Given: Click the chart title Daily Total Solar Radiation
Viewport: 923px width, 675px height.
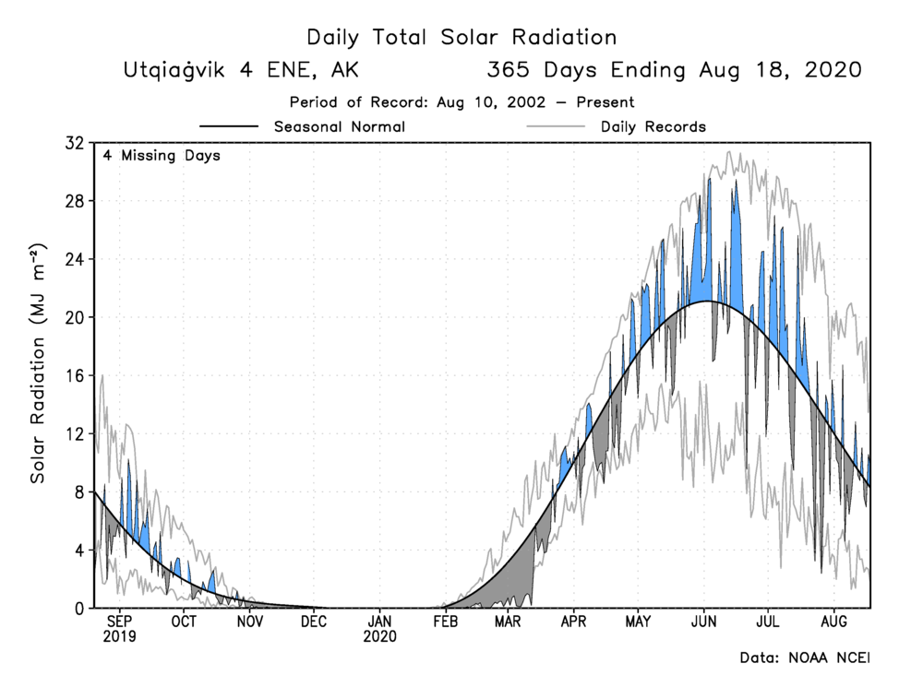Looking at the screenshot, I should pyautogui.click(x=461, y=38).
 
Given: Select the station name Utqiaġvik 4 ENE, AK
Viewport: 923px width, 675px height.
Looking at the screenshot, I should pyautogui.click(x=241, y=71).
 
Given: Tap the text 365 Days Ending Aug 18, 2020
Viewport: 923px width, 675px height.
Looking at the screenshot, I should pyautogui.click(x=674, y=71).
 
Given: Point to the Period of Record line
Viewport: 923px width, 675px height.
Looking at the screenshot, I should pyautogui.click(x=461, y=102).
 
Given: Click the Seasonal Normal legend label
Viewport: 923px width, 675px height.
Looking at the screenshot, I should pyautogui.click(x=340, y=126).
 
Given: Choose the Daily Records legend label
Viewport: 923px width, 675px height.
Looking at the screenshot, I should pyautogui.click(x=653, y=126).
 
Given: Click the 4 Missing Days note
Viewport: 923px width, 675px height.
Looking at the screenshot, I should pyautogui.click(x=162, y=156).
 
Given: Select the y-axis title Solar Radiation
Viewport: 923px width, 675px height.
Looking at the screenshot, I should pyautogui.click(x=38, y=364).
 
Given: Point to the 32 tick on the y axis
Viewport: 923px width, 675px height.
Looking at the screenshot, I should pyautogui.click(x=74, y=143).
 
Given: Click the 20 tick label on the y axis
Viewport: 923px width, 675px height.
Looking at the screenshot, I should pyautogui.click(x=74, y=317).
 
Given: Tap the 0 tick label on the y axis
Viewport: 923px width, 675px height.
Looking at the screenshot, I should pyautogui.click(x=78, y=608).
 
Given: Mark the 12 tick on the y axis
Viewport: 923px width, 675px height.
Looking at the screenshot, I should pyautogui.click(x=74, y=433).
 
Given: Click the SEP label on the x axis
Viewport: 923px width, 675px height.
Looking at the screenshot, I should pyautogui.click(x=119, y=622).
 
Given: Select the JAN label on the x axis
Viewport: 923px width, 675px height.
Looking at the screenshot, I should pyautogui.click(x=379, y=622).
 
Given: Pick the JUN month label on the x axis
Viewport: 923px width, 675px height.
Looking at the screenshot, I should pyautogui.click(x=705, y=622).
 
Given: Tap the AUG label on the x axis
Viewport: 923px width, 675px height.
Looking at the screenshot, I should pyautogui.click(x=834, y=622).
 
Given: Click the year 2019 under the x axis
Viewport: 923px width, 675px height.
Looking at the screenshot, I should pyautogui.click(x=119, y=637).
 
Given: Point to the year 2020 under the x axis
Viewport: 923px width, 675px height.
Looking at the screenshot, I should pyautogui.click(x=379, y=637).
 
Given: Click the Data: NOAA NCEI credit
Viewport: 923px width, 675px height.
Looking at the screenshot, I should pyautogui.click(x=805, y=658).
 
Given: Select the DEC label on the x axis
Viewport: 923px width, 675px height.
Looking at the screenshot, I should pyautogui.click(x=314, y=622).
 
